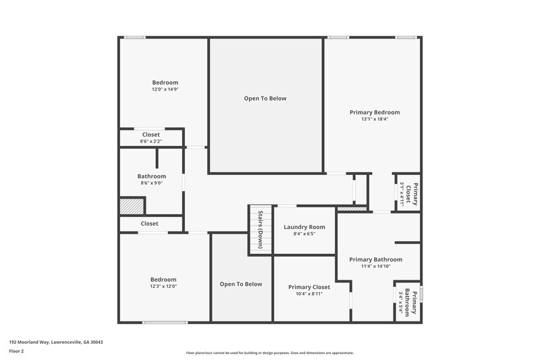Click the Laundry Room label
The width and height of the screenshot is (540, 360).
[304, 227]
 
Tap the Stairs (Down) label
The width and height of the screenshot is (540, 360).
[261, 230]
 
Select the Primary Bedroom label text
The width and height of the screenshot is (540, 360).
[374, 112]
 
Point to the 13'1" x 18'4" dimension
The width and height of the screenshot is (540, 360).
[374, 120]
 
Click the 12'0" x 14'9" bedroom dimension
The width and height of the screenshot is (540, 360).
[165, 89]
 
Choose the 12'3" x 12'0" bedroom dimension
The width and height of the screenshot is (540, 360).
[163, 286]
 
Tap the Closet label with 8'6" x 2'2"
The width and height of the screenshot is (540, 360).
[151, 134]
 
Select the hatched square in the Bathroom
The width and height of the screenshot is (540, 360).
[132, 206]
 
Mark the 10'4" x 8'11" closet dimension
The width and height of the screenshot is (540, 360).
[308, 294]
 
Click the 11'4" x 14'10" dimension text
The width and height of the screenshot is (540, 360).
[375, 266]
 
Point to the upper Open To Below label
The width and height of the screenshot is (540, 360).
[265, 99]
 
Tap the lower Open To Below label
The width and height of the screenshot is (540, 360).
[240, 284]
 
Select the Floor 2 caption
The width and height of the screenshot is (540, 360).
[16, 351]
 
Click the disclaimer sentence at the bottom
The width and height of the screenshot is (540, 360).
[269, 353]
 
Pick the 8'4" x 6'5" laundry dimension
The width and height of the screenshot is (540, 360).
[304, 234]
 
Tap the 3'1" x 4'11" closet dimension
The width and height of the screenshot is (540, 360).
[402, 194]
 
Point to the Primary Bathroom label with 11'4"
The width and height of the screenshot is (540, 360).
[375, 259]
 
